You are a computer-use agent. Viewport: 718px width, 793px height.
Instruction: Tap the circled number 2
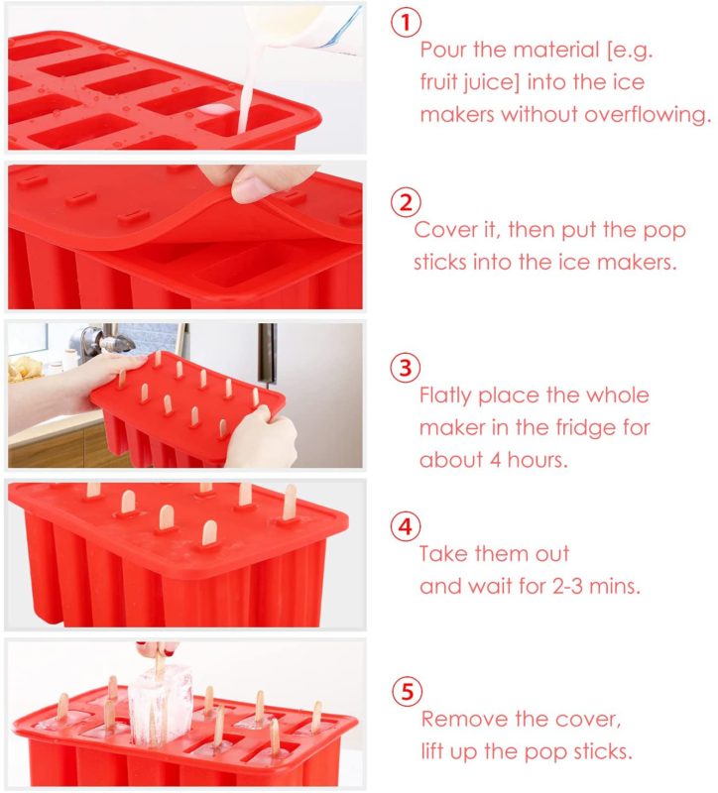[x=404, y=203]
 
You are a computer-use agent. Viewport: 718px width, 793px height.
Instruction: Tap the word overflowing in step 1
[x=652, y=115]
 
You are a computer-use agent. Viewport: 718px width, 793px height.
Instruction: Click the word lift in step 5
[x=435, y=750]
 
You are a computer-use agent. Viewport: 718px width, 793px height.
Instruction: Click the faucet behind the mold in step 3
[x=108, y=343]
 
